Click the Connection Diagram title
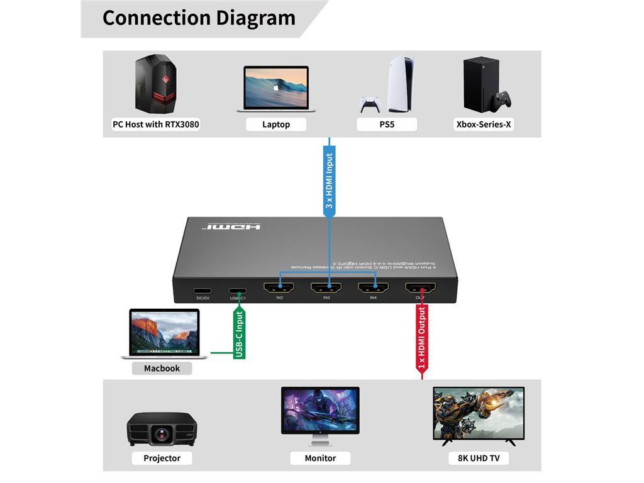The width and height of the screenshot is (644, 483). [199, 18]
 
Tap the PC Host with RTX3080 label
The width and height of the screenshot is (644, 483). [156, 125]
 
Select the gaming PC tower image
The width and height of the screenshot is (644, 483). [155, 84]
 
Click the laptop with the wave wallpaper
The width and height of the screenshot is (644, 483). [276, 89]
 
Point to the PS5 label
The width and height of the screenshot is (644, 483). [387, 125]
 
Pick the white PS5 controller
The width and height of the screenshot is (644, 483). [370, 104]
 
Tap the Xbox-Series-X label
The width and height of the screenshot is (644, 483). [484, 125]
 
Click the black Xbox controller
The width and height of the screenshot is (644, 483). [502, 100]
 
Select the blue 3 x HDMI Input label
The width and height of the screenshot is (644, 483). [329, 181]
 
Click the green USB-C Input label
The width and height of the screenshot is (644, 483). [239, 334]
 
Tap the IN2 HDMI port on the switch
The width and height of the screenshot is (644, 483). [279, 288]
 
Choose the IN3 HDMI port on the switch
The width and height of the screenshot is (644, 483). [326, 288]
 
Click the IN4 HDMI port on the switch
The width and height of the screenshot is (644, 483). [373, 288]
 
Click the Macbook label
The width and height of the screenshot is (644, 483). [162, 369]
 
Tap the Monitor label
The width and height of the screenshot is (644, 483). [320, 458]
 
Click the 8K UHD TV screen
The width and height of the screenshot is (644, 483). [479, 412]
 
